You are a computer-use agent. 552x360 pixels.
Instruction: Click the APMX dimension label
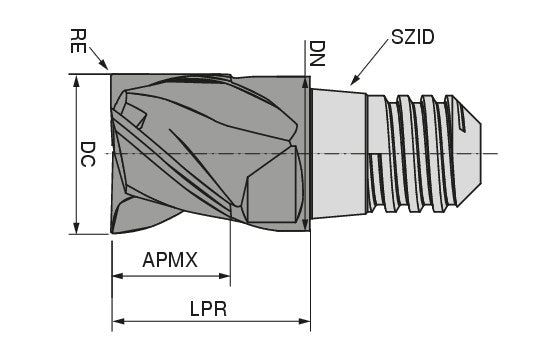[x=171, y=260]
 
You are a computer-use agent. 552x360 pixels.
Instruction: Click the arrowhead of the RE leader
[x=106, y=69]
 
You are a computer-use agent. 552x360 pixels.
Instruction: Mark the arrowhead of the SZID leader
[x=351, y=81]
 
